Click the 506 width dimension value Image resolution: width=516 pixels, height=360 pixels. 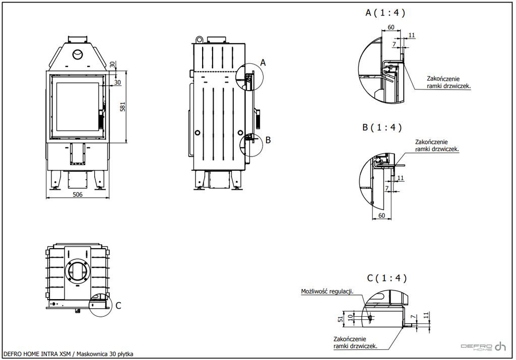point(78,194)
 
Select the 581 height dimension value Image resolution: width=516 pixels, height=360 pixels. point(122,107)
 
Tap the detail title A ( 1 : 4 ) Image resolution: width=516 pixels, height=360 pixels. point(385,13)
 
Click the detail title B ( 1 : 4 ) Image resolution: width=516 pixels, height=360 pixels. point(382,127)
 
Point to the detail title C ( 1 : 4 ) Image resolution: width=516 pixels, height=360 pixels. point(386,278)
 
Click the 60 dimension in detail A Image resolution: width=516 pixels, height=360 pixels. point(391,27)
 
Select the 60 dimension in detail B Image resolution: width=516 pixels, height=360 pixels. point(381,215)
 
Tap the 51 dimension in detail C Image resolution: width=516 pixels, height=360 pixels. point(341,318)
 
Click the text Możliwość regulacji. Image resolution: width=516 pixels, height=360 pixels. point(327,292)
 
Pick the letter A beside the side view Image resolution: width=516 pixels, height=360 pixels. point(263,62)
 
